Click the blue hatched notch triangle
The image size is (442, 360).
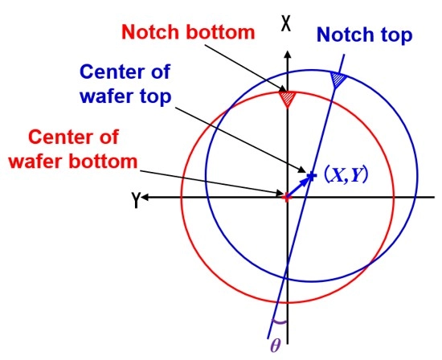[338, 80]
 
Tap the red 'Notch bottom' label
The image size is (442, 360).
[188, 32]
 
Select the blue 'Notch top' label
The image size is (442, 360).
[365, 35]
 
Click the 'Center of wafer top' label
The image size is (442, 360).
[125, 84]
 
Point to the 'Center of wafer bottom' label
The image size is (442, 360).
[73, 149]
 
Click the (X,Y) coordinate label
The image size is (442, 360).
[346, 175]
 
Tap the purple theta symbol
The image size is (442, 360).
[276, 345]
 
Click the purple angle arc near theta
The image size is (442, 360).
[279, 321]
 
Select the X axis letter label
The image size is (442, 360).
[286, 23]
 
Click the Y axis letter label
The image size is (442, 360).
[136, 199]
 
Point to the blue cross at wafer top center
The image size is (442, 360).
[311, 176]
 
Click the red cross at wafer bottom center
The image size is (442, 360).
[287, 197]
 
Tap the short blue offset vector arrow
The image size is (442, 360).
[298, 186]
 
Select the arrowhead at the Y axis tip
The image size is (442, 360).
[144, 198]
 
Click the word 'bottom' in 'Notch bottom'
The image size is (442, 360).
[220, 32]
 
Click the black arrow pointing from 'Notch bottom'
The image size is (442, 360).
[246, 68]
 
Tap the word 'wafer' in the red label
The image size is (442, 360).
[37, 162]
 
